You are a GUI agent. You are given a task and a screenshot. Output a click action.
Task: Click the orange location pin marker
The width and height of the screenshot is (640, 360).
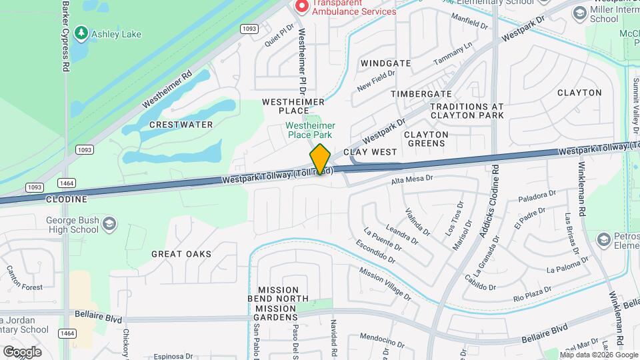tap(321, 159)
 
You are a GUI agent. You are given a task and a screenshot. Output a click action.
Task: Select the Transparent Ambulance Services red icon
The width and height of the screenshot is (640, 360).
tap(301, 6)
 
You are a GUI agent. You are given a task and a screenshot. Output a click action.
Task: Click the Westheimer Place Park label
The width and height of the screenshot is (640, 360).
tap(311, 130)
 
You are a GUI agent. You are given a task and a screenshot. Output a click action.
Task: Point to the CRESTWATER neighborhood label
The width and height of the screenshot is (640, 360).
tap(181, 125)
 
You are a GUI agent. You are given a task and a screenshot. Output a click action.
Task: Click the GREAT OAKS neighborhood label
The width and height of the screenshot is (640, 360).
tap(181, 254)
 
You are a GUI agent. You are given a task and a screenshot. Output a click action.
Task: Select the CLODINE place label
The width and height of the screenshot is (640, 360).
tap(67, 199)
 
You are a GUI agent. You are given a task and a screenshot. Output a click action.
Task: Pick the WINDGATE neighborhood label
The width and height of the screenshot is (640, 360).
tap(385, 63)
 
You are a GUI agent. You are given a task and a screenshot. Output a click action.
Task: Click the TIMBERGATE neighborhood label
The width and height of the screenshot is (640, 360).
tap(421, 94)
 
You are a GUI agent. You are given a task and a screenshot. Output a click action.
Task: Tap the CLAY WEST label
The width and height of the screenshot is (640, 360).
tap(370, 152)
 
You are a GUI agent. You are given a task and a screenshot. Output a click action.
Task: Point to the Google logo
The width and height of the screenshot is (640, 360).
tap(22, 351)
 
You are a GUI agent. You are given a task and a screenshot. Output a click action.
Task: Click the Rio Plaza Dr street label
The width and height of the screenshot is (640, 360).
tap(533, 294)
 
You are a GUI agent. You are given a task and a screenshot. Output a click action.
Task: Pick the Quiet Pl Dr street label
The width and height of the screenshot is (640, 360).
tap(279, 35)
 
